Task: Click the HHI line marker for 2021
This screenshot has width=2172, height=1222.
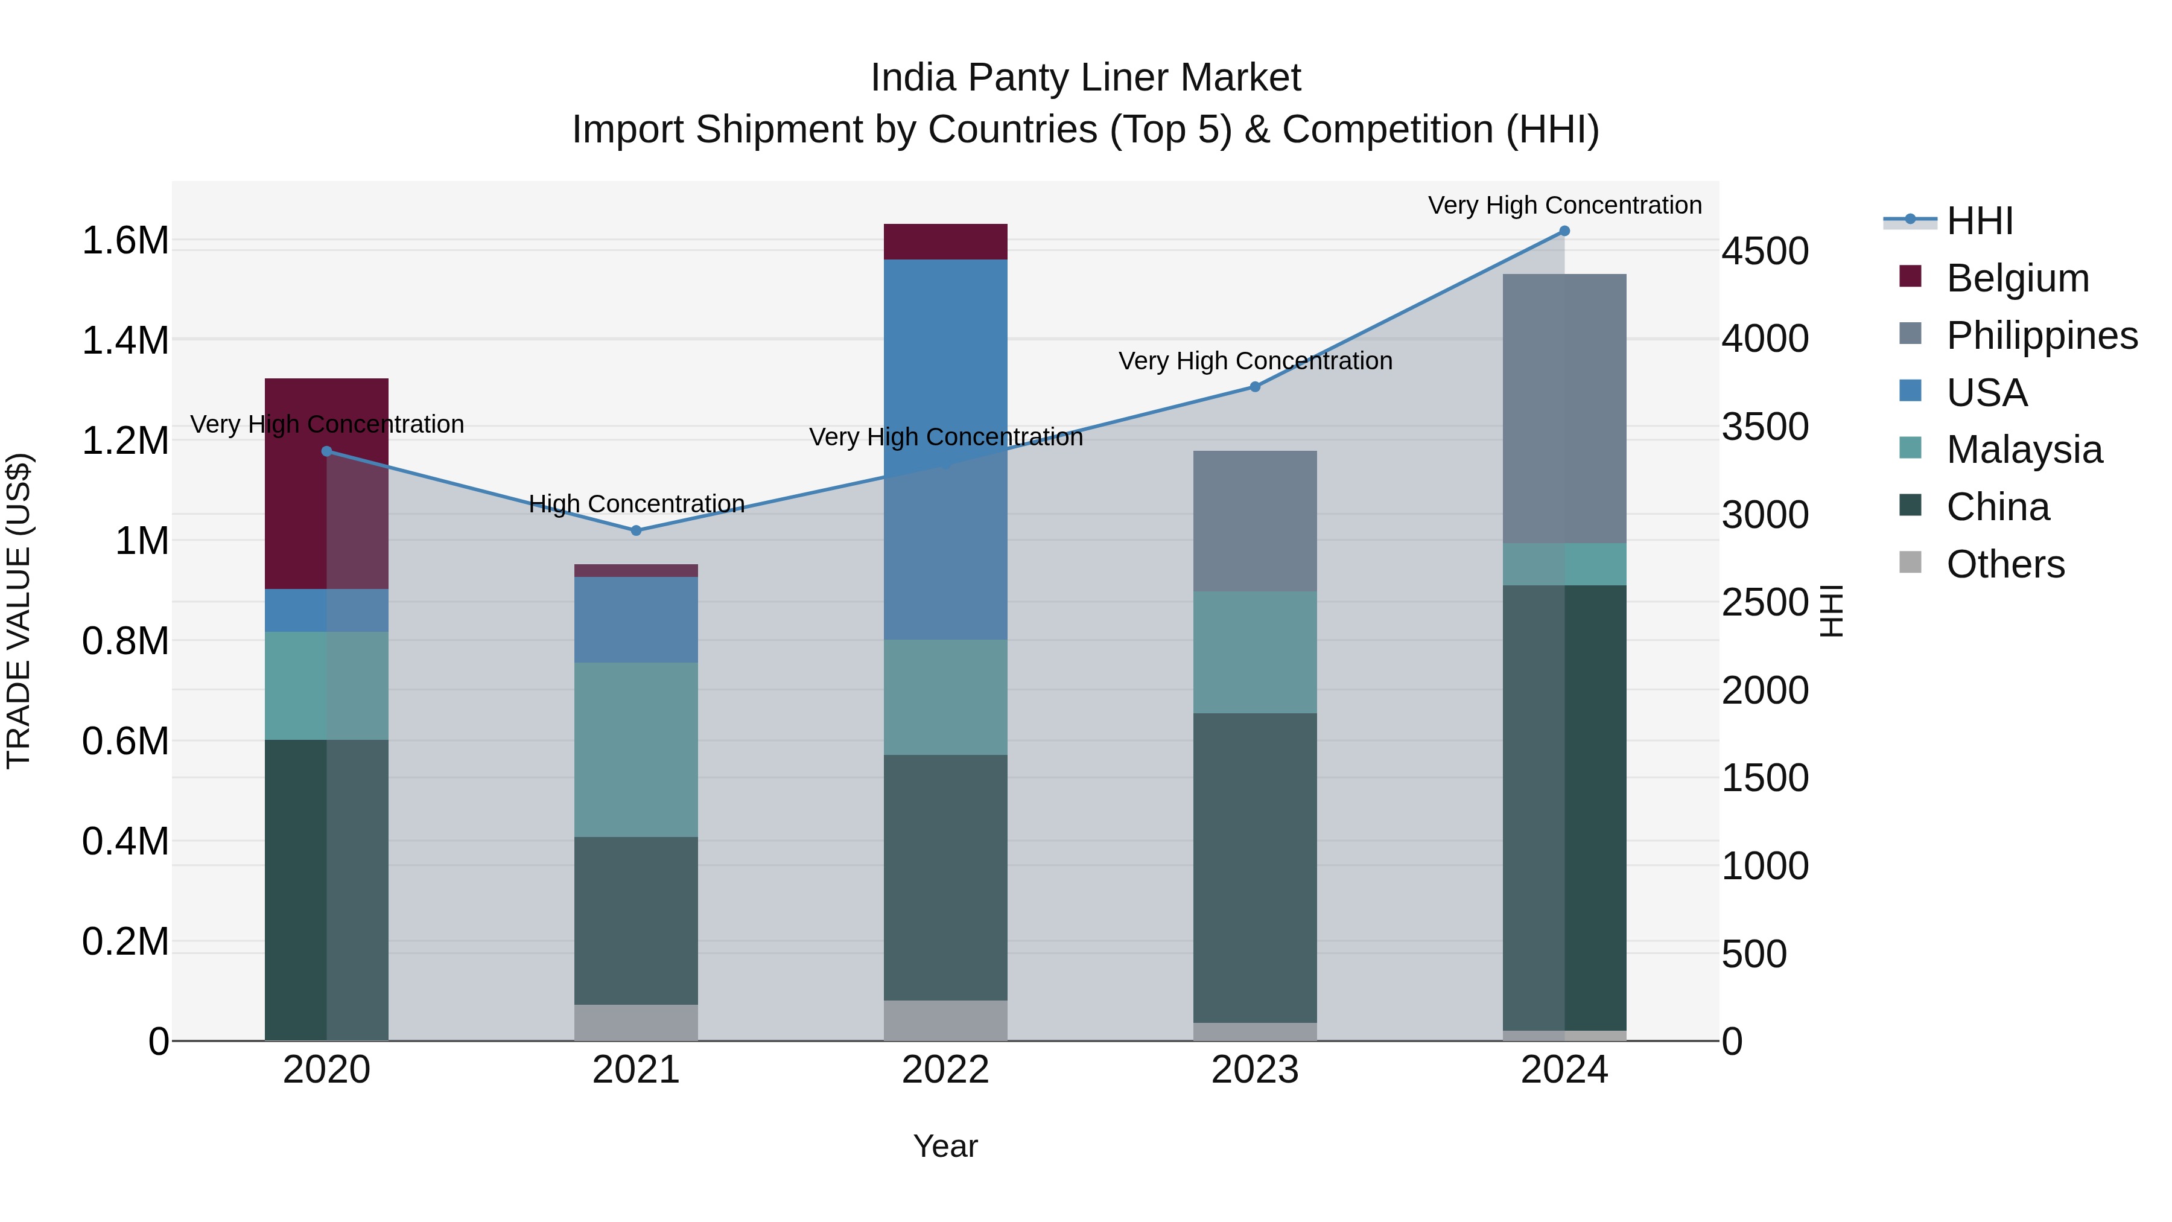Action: click(636, 530)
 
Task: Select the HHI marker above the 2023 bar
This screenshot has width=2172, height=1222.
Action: click(1255, 387)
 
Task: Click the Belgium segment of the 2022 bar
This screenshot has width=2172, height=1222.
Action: click(945, 242)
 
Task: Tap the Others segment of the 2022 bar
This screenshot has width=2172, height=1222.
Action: click(945, 1020)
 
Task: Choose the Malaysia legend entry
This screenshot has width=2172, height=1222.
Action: click(2024, 450)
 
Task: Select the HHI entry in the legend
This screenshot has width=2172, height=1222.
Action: click(1979, 221)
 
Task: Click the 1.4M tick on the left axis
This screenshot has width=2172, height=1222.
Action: click(125, 341)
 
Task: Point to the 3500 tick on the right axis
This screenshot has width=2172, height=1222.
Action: click(1765, 427)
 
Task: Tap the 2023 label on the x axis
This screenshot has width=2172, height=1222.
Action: click(1255, 1070)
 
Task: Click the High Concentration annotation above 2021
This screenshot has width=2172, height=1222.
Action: click(637, 504)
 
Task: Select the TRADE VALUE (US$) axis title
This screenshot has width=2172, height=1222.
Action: click(19, 611)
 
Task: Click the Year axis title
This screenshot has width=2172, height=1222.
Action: click(945, 1146)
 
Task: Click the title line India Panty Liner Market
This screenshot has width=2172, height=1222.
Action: click(1085, 78)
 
